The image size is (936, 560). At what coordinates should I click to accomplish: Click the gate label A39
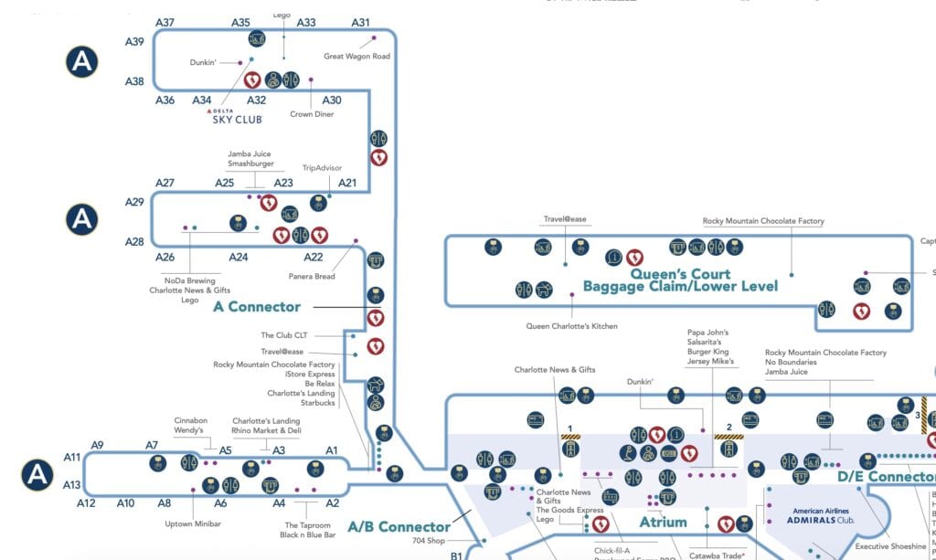pos(134,41)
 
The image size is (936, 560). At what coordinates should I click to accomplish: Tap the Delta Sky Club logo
pos(236,115)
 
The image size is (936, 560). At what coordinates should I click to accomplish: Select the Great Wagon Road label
pos(356,57)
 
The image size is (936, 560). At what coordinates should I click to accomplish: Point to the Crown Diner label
pos(312,114)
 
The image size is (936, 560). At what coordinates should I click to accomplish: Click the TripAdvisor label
pos(322,168)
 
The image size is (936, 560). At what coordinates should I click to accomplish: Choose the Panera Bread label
pos(313,276)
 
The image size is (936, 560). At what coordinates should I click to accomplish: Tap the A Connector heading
pos(257,307)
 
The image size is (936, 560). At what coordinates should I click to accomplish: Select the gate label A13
pos(73,485)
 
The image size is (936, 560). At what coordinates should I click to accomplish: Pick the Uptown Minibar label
pos(194,523)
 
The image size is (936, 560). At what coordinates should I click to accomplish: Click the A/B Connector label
pos(399,527)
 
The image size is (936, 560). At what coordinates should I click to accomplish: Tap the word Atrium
pos(663,523)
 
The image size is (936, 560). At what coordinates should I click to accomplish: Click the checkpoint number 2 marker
pos(729,427)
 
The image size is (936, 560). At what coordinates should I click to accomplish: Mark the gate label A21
pos(347,183)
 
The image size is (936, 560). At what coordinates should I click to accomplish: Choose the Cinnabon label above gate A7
pos(190,421)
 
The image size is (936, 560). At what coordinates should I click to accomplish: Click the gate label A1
pos(332,450)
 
